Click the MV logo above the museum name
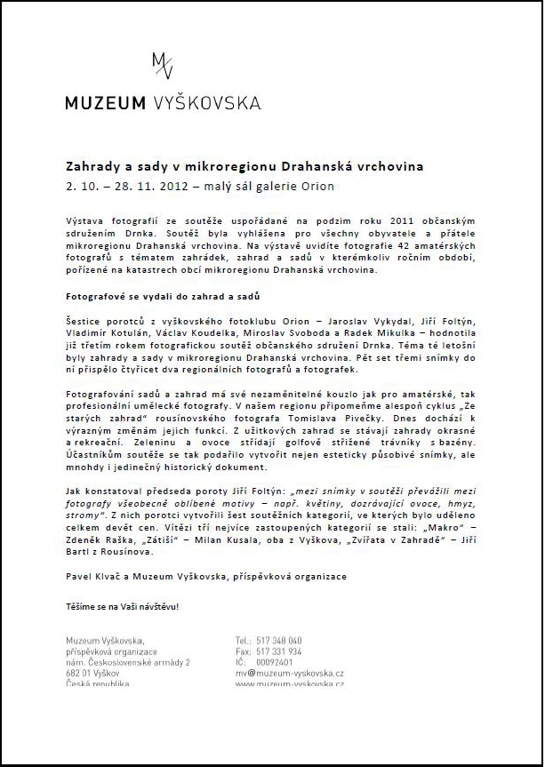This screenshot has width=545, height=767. [x=163, y=67]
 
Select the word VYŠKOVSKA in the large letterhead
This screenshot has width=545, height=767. [x=205, y=103]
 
